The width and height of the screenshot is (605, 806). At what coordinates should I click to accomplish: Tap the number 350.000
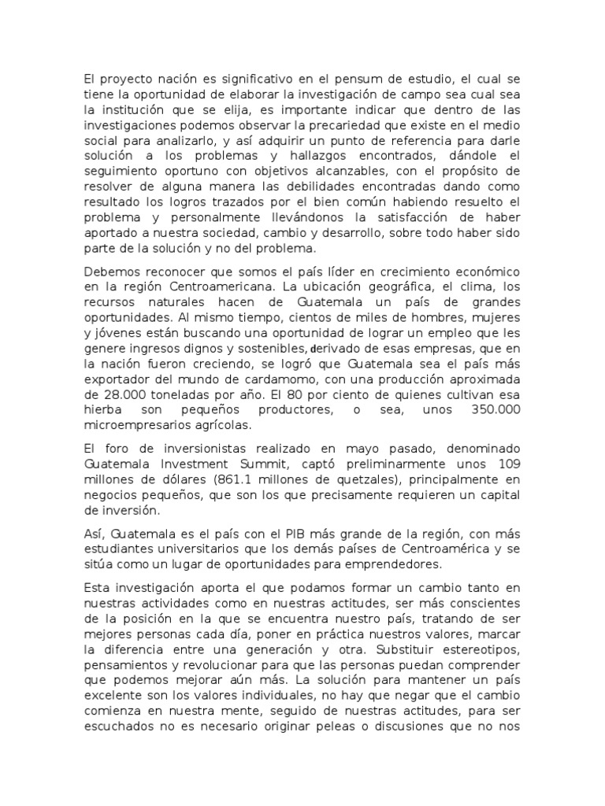tap(489, 411)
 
